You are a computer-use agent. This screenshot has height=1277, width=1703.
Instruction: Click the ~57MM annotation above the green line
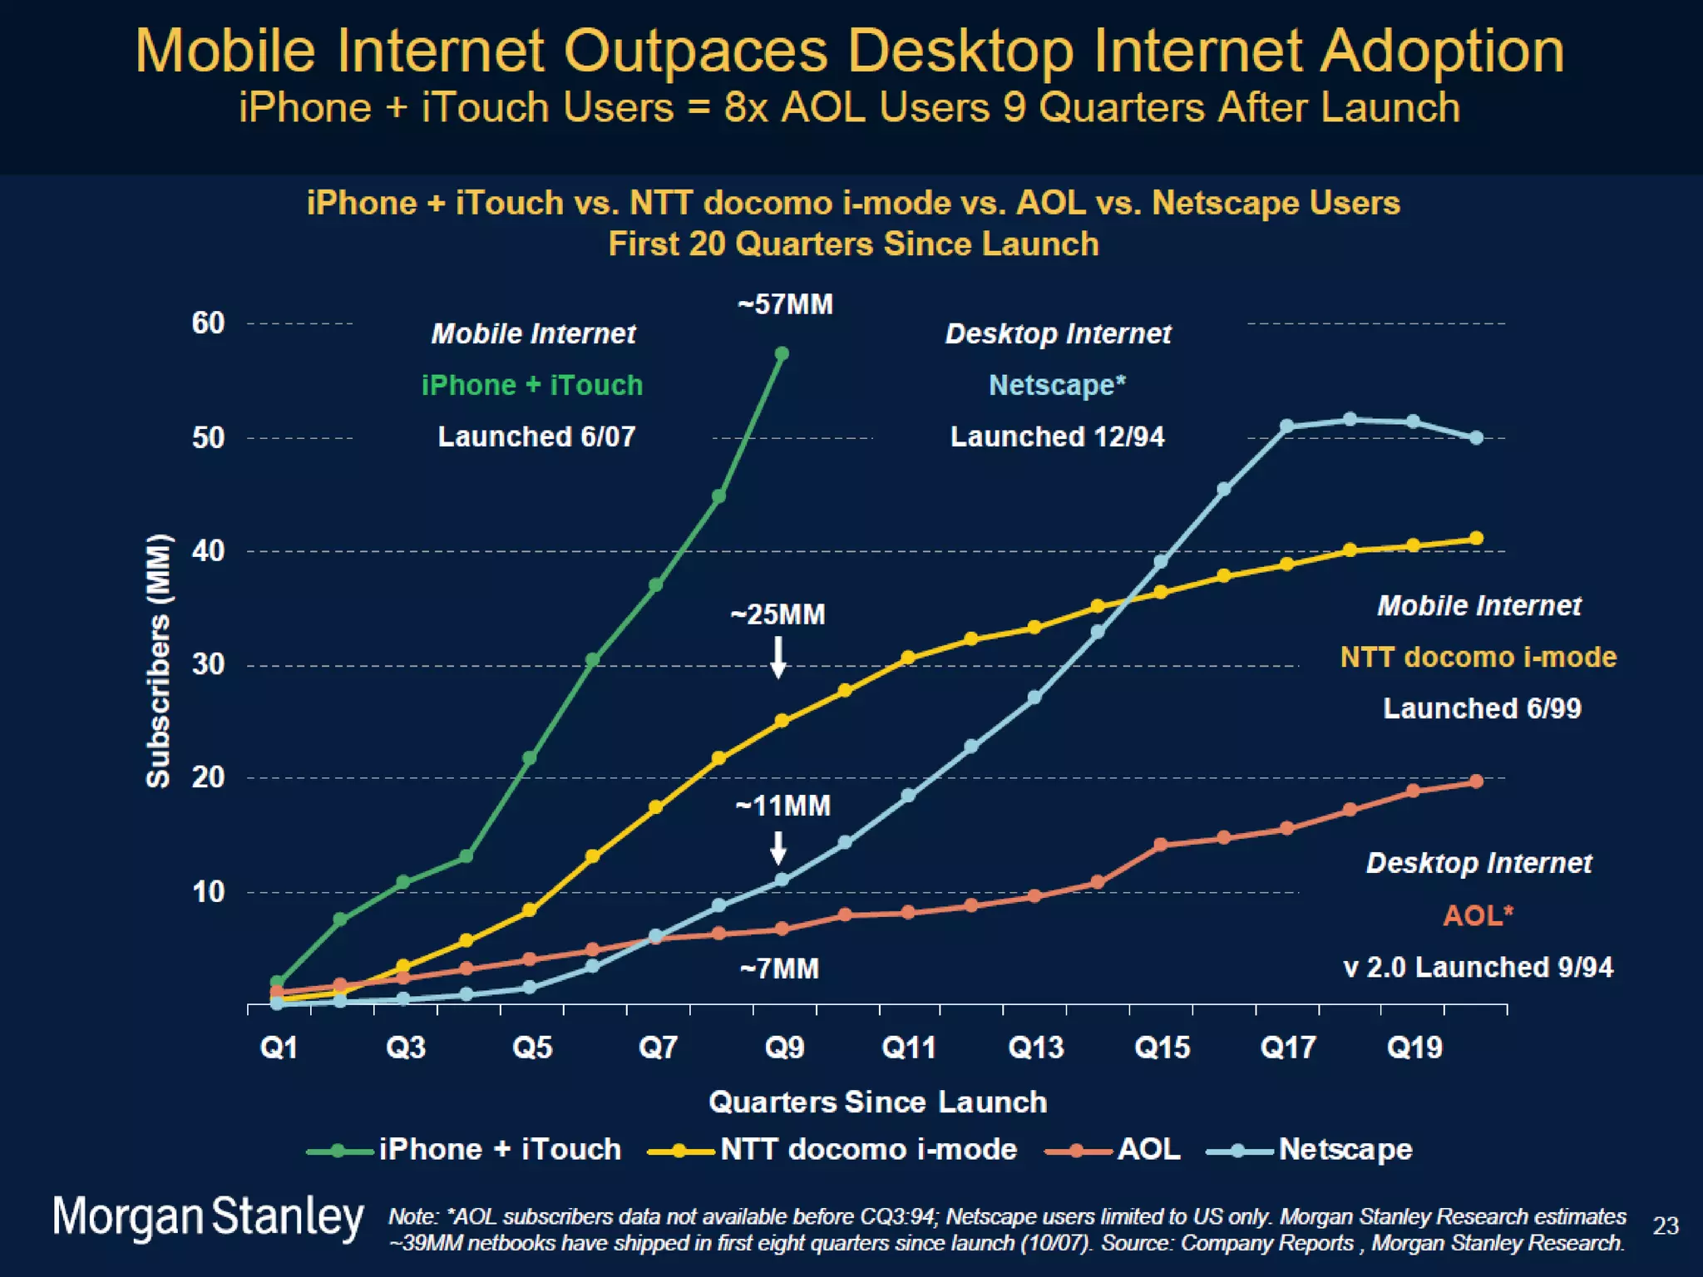point(785,304)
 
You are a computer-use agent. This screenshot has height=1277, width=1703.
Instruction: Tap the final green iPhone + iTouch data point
point(782,354)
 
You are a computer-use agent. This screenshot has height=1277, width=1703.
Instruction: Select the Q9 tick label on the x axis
point(784,1047)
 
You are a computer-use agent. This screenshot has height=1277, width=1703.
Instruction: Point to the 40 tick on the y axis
point(208,550)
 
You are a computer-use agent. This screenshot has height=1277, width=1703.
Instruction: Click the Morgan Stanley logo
point(208,1217)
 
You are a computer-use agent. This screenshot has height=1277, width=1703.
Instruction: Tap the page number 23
point(1666,1225)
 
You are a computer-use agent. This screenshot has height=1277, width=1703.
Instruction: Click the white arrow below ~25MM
point(778,658)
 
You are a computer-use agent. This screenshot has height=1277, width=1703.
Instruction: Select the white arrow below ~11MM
point(778,848)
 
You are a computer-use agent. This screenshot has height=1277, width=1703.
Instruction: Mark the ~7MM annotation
point(779,969)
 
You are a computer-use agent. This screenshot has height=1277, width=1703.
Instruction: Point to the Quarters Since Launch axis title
point(877,1102)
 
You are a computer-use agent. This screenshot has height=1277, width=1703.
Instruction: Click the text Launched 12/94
point(1057,436)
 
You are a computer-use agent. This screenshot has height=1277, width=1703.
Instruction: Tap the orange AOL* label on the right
point(1478,915)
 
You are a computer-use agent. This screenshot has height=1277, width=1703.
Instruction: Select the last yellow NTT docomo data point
point(1477,539)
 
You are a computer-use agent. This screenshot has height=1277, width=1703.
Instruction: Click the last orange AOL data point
point(1477,781)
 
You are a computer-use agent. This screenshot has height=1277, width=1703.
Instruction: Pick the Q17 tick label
point(1288,1047)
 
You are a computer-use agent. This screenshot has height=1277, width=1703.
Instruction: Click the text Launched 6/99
point(1482,708)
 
